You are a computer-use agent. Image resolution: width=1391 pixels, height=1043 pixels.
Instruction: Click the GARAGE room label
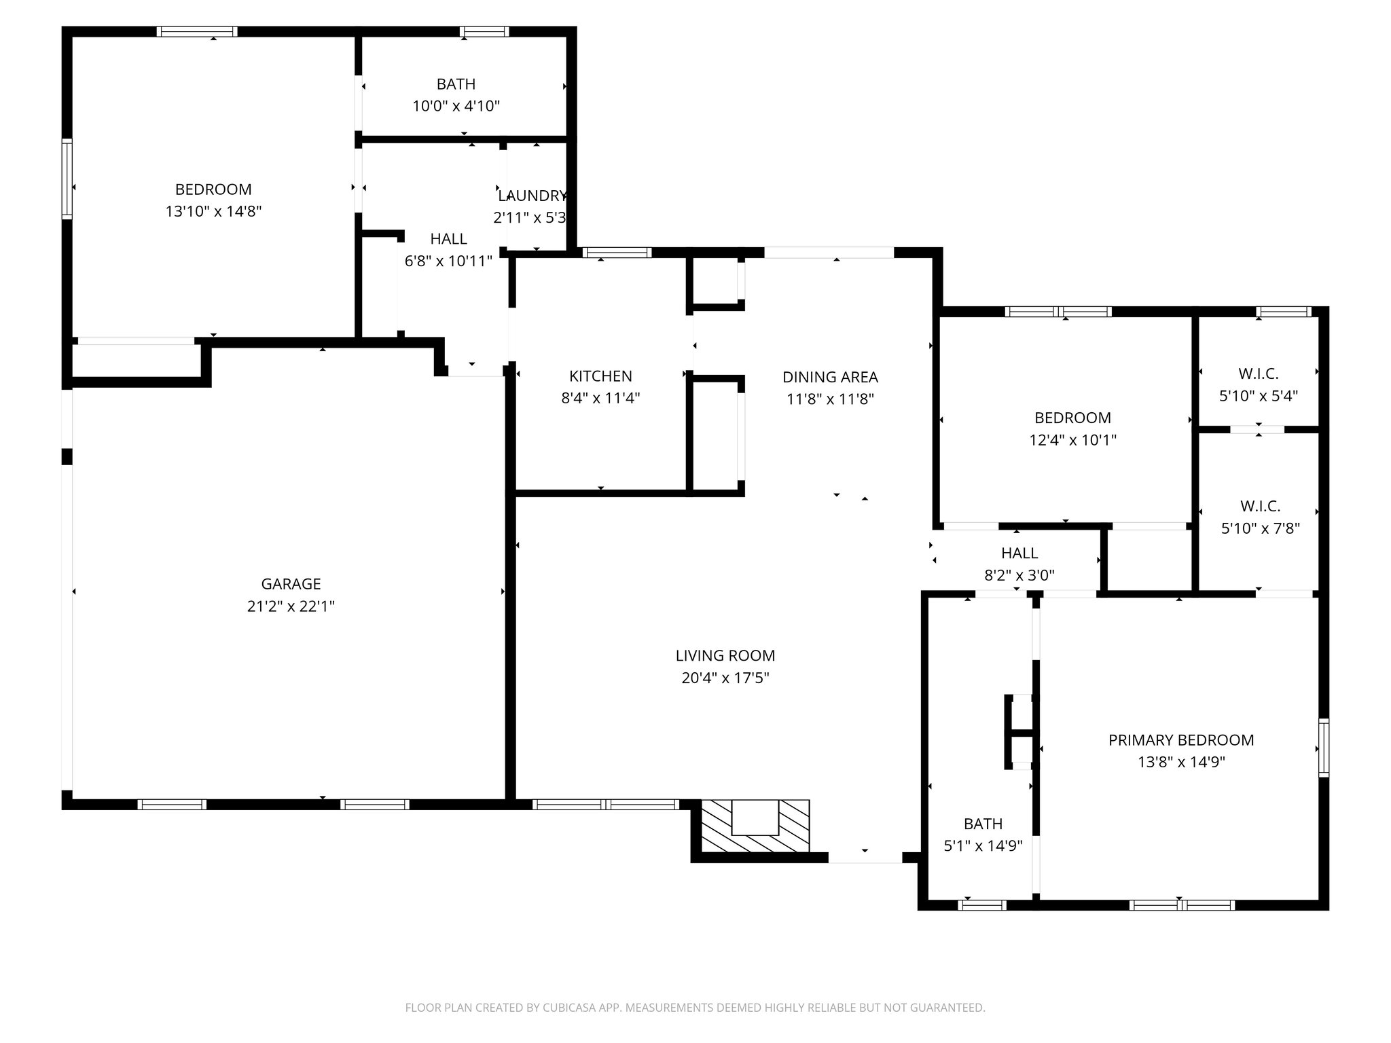(x=291, y=584)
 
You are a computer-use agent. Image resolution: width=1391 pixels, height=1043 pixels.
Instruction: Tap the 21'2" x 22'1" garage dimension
(x=291, y=606)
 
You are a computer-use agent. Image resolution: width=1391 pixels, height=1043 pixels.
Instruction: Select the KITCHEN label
(x=600, y=376)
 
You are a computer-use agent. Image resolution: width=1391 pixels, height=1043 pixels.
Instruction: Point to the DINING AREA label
(x=830, y=378)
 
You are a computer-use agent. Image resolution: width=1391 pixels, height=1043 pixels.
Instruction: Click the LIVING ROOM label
(x=725, y=656)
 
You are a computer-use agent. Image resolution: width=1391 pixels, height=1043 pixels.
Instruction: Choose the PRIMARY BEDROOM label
(x=1181, y=740)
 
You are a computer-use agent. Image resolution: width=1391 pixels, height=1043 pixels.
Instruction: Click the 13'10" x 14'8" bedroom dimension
(x=213, y=212)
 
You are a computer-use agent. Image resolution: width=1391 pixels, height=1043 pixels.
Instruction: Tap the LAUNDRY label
(x=532, y=196)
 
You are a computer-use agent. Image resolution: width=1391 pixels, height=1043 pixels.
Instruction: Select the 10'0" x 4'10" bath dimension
(x=456, y=107)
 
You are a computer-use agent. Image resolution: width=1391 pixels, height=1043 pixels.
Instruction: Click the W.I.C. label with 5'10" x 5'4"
(x=1258, y=374)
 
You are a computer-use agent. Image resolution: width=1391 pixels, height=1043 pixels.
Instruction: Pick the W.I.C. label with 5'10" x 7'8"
(x=1260, y=507)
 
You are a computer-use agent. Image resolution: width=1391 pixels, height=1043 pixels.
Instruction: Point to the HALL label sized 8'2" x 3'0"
(x=1019, y=553)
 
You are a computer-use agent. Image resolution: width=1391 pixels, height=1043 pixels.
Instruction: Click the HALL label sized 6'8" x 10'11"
(x=448, y=239)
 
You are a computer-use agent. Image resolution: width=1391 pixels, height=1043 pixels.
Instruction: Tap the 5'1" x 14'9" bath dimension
(x=983, y=846)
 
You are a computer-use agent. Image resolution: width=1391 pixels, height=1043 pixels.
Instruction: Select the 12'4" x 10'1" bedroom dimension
(x=1072, y=440)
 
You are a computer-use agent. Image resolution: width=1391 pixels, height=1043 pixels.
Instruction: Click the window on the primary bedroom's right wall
(x=1323, y=747)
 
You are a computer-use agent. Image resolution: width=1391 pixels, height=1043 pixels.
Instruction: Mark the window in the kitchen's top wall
(x=617, y=253)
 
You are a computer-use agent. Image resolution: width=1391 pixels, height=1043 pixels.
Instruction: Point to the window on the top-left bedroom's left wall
(x=67, y=179)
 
